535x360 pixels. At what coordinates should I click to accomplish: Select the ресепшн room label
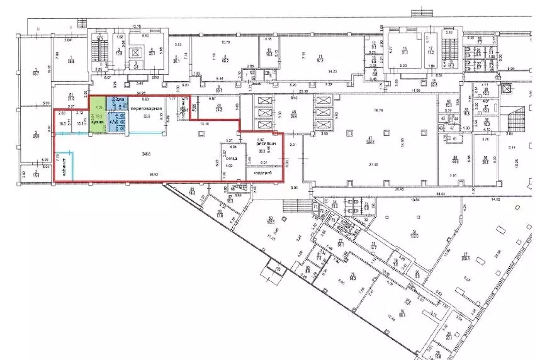coord(264,143)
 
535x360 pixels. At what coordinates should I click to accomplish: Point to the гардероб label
coord(262,174)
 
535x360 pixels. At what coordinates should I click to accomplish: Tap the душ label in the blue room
coord(118,100)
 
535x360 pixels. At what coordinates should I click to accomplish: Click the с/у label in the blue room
coord(113,121)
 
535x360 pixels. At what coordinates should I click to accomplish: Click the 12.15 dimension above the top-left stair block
coord(136,26)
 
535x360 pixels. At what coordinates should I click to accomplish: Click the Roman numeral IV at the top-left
coord(38,29)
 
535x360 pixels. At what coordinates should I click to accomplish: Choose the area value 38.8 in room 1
coord(71,61)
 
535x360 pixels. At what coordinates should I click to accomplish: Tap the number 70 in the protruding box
coord(278,271)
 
